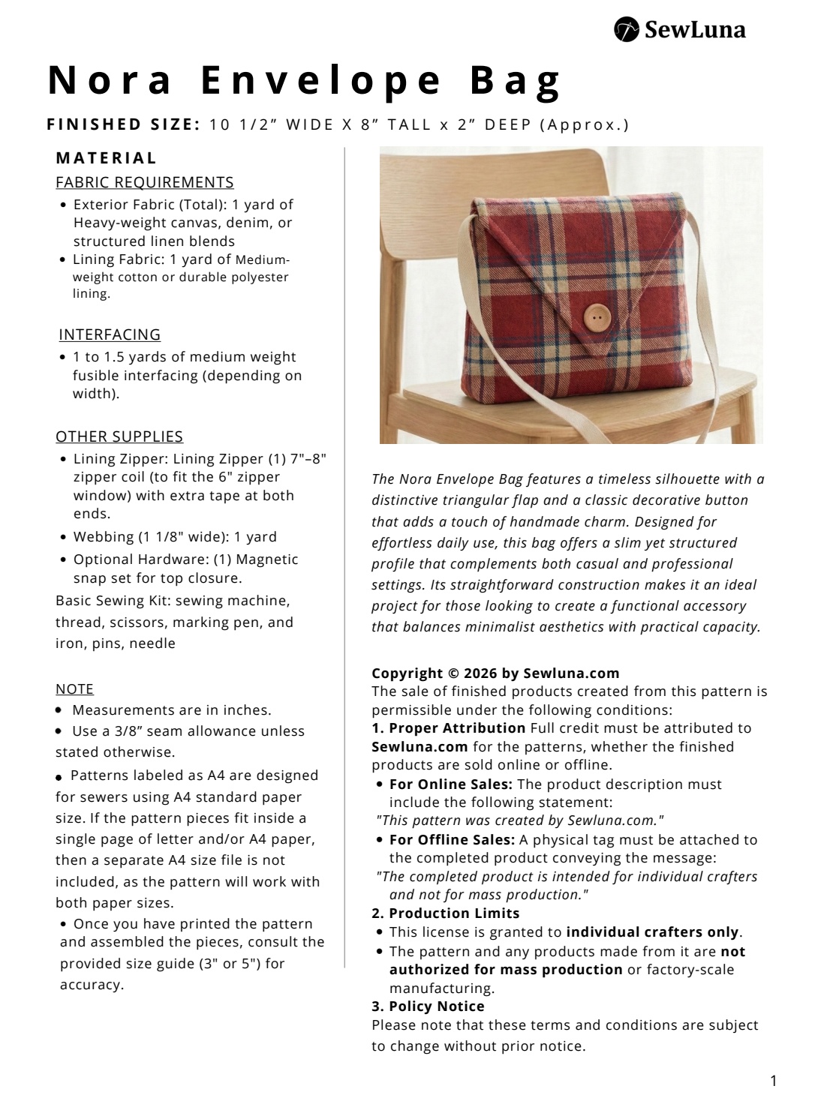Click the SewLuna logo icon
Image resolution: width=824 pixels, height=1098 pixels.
pos(626,29)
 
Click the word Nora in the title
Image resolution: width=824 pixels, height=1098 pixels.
pos(110,80)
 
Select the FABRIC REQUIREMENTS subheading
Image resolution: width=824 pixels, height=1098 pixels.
pos(145,182)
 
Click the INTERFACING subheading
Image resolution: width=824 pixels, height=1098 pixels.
pos(110,334)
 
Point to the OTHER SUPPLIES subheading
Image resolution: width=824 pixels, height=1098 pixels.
pos(119,436)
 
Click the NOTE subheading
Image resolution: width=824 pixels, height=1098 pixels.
pos(74,689)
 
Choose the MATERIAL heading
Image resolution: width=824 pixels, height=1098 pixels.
pos(107,158)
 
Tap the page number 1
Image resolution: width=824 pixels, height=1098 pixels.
pos(773,1081)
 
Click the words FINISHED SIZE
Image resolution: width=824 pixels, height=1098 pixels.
pos(123,124)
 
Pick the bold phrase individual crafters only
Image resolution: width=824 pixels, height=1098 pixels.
pos(652,932)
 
